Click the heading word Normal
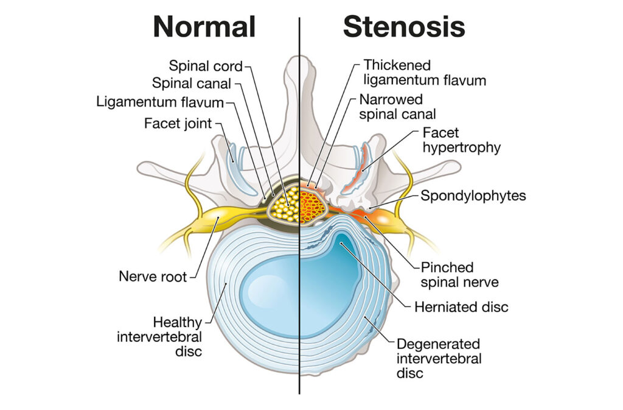tap(204, 27)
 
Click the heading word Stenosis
tap(404, 27)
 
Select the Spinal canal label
tap(192, 83)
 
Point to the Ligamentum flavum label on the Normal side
tap(160, 101)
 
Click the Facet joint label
tap(178, 124)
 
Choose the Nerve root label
tap(153, 277)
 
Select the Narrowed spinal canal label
tap(398, 106)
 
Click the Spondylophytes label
tap(473, 196)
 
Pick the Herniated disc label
tap(461, 307)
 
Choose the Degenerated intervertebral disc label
tap(438, 358)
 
